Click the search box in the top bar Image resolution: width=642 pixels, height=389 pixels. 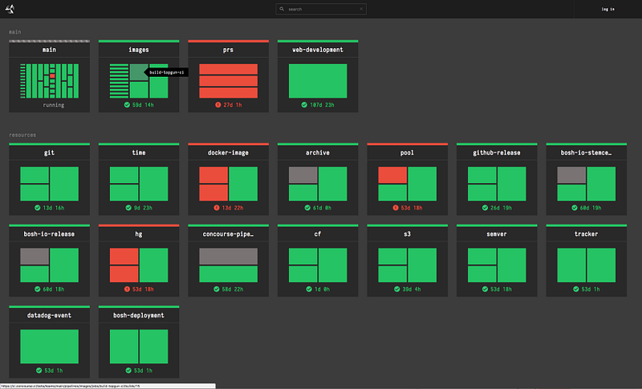click(321, 9)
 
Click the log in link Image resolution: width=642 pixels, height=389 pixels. click(607, 9)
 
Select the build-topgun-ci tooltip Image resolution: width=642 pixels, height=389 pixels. click(167, 71)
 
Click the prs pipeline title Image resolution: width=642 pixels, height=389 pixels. click(228, 50)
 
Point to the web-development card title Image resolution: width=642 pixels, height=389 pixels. click(318, 50)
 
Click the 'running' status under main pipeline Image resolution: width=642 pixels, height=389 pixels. click(54, 105)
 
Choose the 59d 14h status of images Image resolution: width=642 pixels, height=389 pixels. click(143, 105)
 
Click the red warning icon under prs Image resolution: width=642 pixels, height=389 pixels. click(217, 105)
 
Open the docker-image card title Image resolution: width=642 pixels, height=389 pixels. click(228, 152)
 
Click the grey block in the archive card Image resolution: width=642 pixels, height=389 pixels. click(303, 175)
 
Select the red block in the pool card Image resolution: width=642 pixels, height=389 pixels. click(392, 175)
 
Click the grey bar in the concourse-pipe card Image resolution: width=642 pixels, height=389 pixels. click(228, 256)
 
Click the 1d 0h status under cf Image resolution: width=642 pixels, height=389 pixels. click(322, 288)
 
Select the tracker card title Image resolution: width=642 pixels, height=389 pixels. click(587, 233)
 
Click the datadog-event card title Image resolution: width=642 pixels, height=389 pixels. click(49, 315)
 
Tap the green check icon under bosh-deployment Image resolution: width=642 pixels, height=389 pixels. click(128, 371)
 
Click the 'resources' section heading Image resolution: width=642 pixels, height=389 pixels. click(22, 135)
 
